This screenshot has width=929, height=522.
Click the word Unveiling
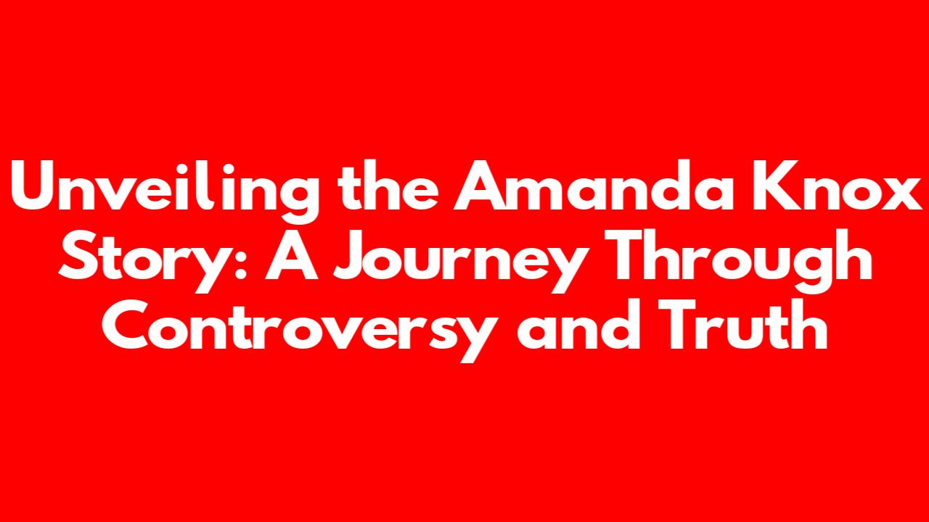[165, 191]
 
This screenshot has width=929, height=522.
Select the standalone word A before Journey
[292, 254]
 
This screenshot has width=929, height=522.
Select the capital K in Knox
[766, 185]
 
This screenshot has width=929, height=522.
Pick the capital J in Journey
[351, 255]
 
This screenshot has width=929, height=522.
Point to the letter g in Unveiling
[297, 198]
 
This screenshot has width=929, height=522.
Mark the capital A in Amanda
[480, 185]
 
